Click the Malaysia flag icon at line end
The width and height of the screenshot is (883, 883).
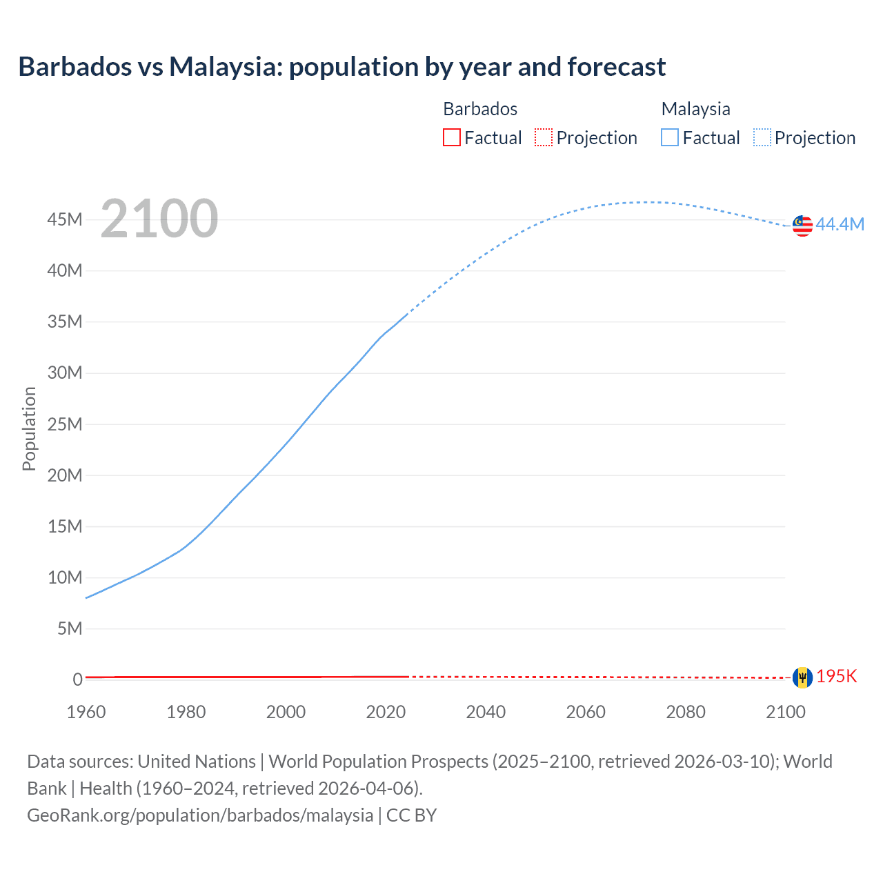click(x=802, y=226)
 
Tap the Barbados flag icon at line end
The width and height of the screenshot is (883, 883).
click(x=802, y=677)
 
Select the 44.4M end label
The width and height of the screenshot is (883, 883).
click(x=840, y=224)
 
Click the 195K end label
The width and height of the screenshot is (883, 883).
click(x=836, y=676)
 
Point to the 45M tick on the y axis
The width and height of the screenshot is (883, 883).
click(x=65, y=219)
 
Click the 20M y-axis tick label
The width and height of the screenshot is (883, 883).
click(x=65, y=475)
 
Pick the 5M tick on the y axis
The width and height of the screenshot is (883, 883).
click(x=70, y=628)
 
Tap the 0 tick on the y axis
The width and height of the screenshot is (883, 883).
click(x=77, y=679)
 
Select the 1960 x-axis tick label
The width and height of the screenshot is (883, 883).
click(x=86, y=712)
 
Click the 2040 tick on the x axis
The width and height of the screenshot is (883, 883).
click(x=486, y=712)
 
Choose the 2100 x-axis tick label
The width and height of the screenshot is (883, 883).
click(x=785, y=712)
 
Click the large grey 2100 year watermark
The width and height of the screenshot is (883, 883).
click(x=159, y=219)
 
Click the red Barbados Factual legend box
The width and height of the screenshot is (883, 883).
click(x=452, y=137)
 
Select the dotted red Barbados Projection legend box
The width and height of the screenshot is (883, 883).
click(x=544, y=137)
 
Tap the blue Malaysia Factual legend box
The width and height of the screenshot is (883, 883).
click(x=670, y=137)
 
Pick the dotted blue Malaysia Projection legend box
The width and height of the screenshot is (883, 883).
click(x=762, y=137)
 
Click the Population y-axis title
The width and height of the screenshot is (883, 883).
click(x=29, y=428)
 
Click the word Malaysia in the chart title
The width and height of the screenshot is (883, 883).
click(x=225, y=67)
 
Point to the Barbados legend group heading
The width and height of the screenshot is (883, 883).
click(x=480, y=109)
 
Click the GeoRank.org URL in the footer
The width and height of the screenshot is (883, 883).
click(x=200, y=815)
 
